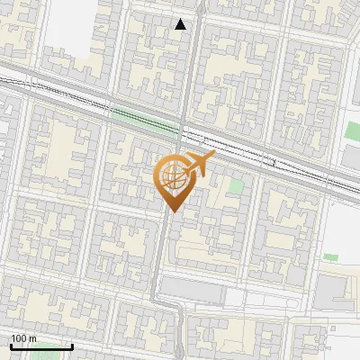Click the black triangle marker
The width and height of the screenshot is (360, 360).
pyautogui.click(x=181, y=24)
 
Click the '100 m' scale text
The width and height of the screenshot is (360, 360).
pyautogui.click(x=23, y=338)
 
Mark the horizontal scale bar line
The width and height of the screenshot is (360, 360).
pyautogui.click(x=40, y=346)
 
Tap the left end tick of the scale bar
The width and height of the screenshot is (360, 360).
pyautogui.click(x=10, y=345)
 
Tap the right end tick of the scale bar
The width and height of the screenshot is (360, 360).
pyautogui.click(x=72, y=345)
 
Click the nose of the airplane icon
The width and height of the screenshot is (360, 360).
pyautogui.click(x=214, y=157)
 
